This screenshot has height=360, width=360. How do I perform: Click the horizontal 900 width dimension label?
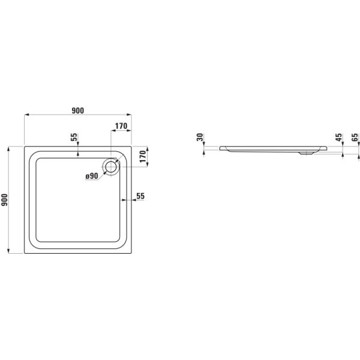(78, 110)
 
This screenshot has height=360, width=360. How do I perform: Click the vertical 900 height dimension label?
(5, 200)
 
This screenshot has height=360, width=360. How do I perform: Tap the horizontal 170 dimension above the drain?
(121, 126)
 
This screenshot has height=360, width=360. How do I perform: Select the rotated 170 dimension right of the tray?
(143, 157)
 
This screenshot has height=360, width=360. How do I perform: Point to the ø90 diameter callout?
(92, 176)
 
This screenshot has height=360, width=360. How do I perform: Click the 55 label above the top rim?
(74, 137)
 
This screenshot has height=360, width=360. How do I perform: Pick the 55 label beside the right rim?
(140, 196)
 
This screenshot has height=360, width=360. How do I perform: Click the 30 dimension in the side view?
(200, 137)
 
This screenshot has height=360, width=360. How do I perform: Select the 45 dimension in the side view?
(338, 137)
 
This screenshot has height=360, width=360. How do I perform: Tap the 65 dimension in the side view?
(355, 137)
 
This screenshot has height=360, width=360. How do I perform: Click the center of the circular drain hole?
(111, 166)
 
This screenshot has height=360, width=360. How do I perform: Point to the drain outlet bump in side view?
(306, 152)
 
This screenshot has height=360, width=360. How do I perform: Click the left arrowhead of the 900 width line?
(26, 115)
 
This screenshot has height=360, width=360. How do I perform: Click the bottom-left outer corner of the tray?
(25, 253)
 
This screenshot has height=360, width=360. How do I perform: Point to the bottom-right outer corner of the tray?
(131, 253)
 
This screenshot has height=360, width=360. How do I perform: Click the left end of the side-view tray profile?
(220, 148)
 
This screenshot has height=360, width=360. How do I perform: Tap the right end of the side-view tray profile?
(327, 148)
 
